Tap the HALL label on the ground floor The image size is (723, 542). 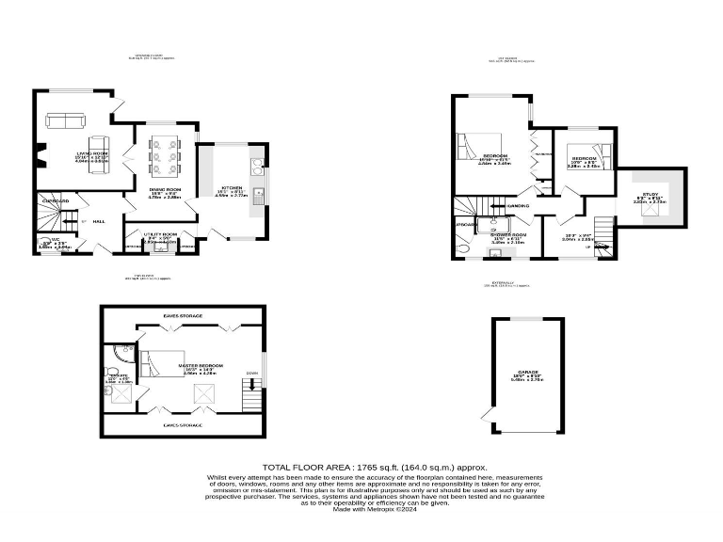(99, 221)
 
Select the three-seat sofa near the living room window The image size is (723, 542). (66, 120)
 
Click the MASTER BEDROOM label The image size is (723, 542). (201, 365)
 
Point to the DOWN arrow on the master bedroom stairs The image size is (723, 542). (251, 383)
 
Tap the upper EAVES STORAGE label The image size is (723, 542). (183, 316)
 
